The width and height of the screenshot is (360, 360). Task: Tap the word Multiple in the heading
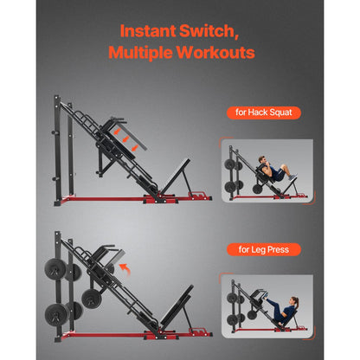(142, 53)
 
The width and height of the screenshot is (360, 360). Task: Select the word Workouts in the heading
(216, 53)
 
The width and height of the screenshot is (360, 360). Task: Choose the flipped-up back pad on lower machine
(108, 260)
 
